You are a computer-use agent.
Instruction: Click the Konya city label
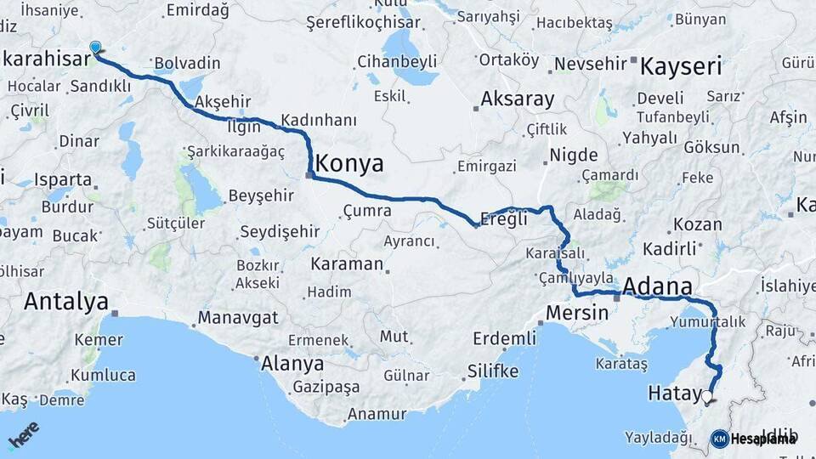[349, 163]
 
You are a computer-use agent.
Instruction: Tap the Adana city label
[657, 286]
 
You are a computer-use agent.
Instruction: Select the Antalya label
[66, 301]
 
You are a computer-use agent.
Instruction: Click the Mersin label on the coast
[577, 312]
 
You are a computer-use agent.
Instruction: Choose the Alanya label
[292, 363]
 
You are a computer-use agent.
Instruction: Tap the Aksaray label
[517, 99]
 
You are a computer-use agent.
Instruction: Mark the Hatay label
[672, 393]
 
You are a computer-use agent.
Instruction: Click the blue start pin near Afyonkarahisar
[94, 48]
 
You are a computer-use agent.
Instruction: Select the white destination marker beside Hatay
[707, 396]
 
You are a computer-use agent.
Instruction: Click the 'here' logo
[24, 434]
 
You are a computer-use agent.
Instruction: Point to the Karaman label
[347, 263]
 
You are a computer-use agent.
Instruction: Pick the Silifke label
[492, 371]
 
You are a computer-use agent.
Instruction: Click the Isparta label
[64, 179]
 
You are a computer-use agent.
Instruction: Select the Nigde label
[574, 156]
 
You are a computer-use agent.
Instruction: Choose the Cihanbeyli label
[397, 61]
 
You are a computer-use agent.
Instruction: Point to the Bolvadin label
[187, 63]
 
